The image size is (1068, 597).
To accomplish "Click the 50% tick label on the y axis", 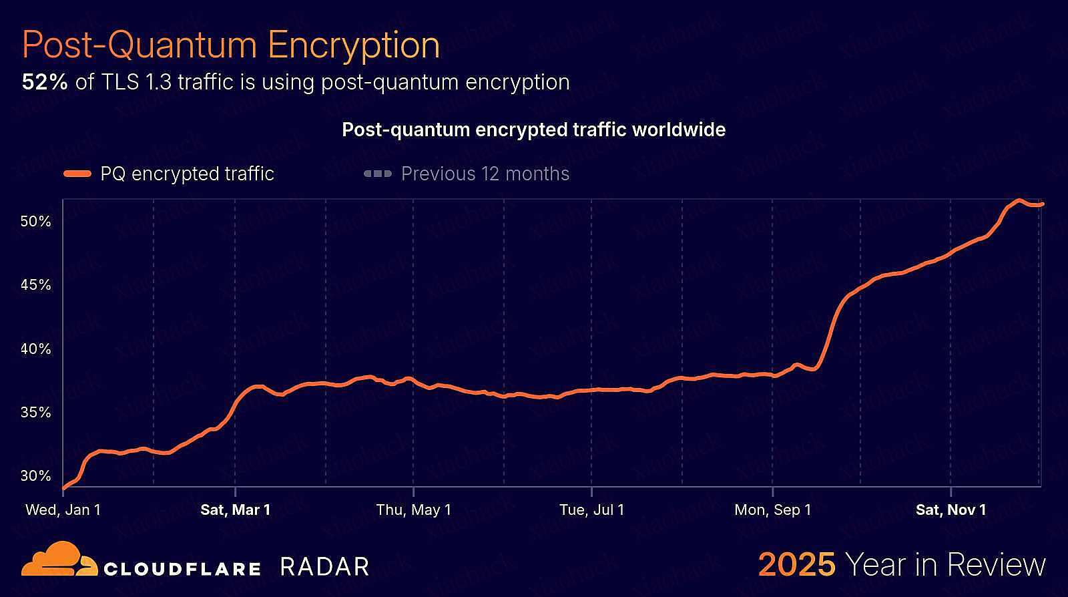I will coord(36,221).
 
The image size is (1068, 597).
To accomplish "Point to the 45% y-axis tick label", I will coord(36,285).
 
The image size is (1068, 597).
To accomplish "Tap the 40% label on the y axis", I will coord(36,349).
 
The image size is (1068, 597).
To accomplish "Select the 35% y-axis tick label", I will coord(36,412).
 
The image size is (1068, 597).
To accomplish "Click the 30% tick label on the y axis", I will coord(36,475).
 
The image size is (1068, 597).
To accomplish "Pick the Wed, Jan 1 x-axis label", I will coord(63,510).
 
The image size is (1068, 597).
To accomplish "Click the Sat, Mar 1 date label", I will coord(236,510).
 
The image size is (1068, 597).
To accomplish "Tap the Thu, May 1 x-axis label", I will coord(414,510).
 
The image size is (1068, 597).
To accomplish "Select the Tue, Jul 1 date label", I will coord(592,510).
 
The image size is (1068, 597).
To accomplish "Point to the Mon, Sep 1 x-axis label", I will coord(773,510).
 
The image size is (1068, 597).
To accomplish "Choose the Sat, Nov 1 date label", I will coord(951,510).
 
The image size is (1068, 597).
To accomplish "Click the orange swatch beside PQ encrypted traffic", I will coord(77,174).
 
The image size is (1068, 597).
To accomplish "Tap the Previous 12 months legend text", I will coord(485,174).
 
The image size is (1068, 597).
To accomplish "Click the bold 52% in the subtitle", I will coord(45,82).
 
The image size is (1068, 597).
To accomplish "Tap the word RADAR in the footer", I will coord(324,566).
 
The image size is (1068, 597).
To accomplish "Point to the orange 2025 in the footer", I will coord(797,565).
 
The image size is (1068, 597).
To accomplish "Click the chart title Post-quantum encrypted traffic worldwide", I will coord(533,130).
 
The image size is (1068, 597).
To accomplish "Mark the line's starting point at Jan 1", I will coord(63,488).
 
